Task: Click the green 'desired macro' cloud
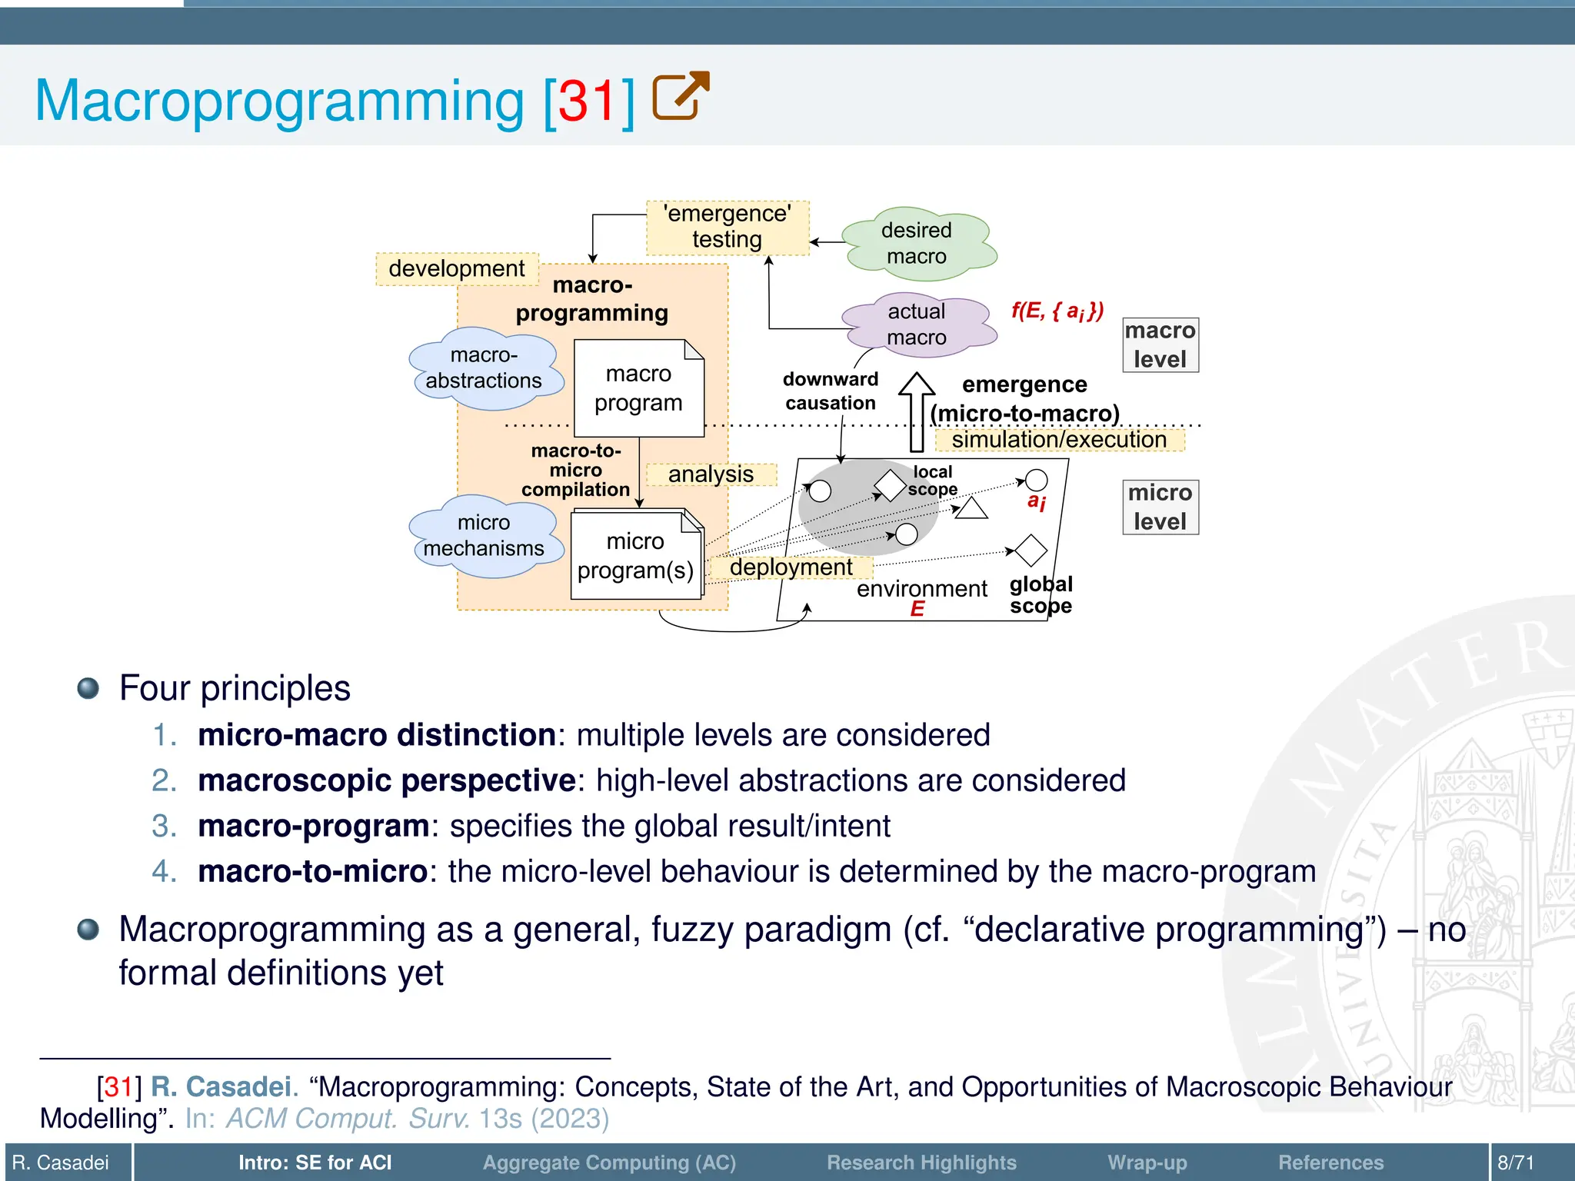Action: [x=917, y=242]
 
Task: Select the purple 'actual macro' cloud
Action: [x=917, y=324]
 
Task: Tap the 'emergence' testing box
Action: [x=727, y=227]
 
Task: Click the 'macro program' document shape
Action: [x=638, y=388]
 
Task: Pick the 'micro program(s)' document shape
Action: [x=635, y=555]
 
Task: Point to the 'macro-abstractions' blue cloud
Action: [x=484, y=369]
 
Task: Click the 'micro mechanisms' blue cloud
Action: [x=484, y=536]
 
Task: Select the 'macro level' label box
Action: [x=1160, y=345]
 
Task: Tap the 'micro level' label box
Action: [x=1160, y=507]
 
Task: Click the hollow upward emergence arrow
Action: [x=917, y=411]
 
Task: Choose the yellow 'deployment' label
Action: [x=791, y=567]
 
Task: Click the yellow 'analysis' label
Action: [x=711, y=474]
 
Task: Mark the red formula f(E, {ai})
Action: [x=1057, y=311]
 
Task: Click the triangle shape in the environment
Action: [x=971, y=509]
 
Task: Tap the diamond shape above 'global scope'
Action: [x=1031, y=551]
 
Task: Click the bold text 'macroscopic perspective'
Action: [x=387, y=780]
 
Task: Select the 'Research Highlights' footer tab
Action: [x=921, y=1163]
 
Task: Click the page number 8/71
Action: [x=1515, y=1163]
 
